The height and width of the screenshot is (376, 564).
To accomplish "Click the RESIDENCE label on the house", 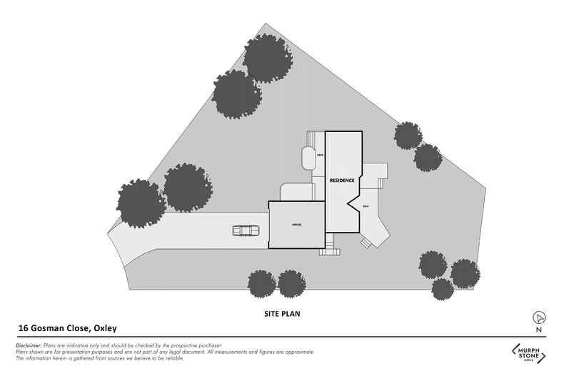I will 342,181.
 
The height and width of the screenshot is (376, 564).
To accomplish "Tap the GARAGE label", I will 296,225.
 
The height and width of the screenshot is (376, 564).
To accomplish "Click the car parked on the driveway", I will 246,230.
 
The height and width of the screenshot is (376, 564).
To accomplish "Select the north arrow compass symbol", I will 540,317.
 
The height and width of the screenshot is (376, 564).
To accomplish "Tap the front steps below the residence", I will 329,250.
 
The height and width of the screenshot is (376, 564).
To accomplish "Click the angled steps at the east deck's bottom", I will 365,243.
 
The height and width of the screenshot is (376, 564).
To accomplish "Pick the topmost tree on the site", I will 267,57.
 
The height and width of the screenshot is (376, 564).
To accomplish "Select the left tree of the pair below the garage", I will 261,284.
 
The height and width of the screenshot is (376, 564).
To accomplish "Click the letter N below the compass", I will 540,330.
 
